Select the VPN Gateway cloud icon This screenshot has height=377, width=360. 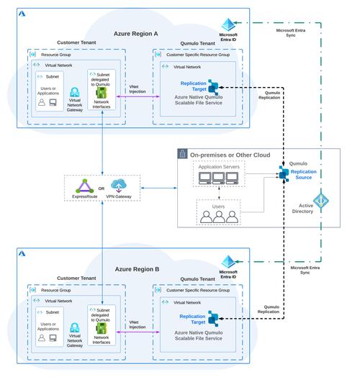[119, 183]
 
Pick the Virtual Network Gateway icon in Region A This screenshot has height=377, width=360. [74, 95]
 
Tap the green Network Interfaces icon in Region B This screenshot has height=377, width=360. [102, 327]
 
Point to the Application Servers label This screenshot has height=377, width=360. [218, 166]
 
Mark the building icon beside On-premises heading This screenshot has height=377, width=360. [183, 154]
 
